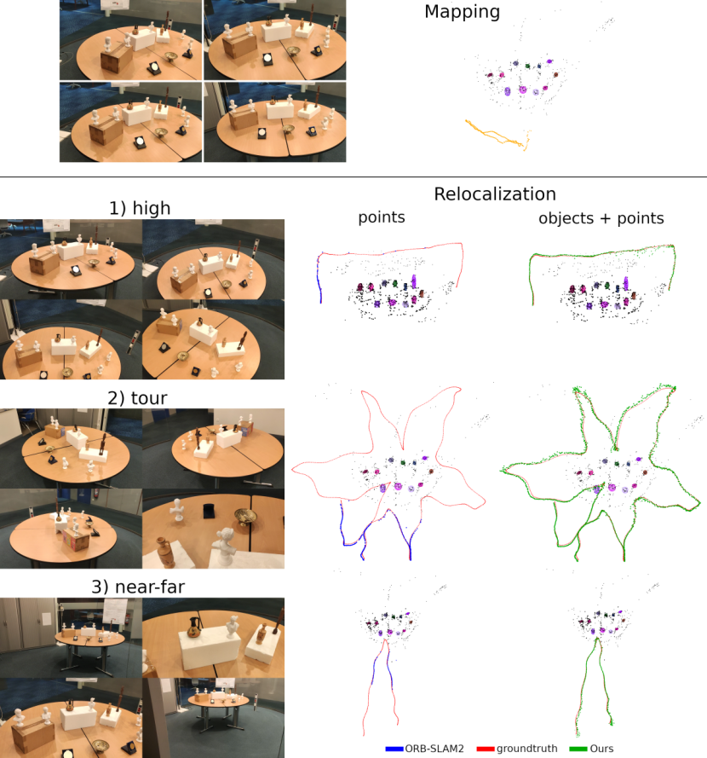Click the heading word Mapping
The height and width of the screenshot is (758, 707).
click(462, 12)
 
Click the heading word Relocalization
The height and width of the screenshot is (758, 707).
click(494, 194)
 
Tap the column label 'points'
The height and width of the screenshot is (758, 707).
click(381, 218)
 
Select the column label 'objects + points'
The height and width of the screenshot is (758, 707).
click(601, 218)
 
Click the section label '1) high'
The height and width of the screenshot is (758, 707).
click(140, 207)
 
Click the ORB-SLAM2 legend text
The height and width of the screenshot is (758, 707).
click(436, 749)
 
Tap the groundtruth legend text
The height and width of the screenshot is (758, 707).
click(527, 749)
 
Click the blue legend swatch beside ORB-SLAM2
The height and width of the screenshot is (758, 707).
click(394, 749)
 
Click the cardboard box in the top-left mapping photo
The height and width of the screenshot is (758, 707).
click(114, 60)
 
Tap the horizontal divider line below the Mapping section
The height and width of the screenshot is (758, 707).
click(353, 176)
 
